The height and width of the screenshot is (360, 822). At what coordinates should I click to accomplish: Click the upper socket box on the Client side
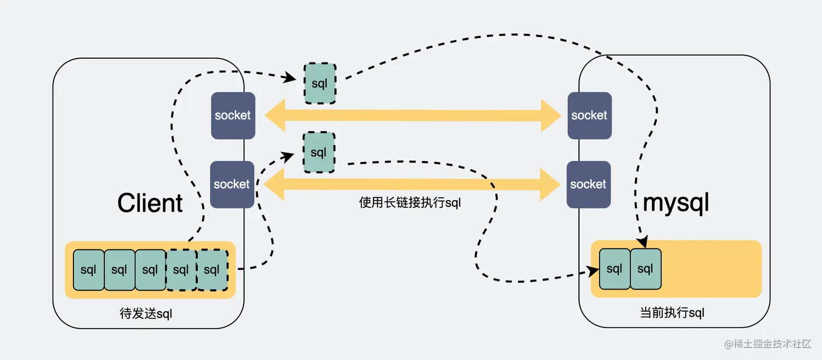[x=233, y=115]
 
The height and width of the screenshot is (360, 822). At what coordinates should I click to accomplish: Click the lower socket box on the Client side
[x=232, y=184]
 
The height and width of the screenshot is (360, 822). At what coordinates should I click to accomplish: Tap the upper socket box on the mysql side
[x=589, y=115]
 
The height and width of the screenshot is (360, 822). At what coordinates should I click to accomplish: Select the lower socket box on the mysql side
[x=588, y=184]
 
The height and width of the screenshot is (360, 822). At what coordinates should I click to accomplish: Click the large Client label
[x=150, y=203]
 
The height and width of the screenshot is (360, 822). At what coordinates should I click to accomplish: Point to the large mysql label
[x=676, y=203]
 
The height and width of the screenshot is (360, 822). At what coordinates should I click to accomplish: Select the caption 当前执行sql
[x=672, y=313]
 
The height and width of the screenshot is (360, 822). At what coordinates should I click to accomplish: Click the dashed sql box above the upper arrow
[x=320, y=84]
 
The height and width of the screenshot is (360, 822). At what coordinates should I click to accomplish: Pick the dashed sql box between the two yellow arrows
[x=319, y=152]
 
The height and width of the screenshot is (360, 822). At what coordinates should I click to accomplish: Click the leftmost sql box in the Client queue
[x=88, y=270]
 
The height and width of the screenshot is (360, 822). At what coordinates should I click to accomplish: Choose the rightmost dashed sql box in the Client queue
[x=212, y=270]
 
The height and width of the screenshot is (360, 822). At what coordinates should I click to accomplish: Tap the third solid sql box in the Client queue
[x=150, y=270]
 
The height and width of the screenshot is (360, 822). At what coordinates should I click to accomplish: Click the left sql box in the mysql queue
[x=614, y=269]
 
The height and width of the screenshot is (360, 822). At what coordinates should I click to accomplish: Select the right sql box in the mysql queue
[x=645, y=269]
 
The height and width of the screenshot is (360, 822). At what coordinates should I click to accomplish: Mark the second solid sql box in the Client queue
[x=119, y=270]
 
